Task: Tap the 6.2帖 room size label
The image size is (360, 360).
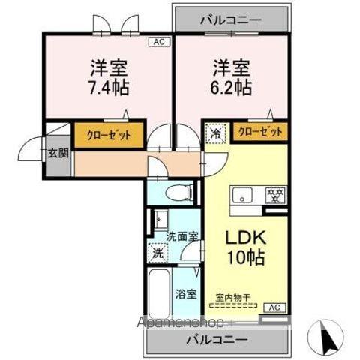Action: tap(229, 86)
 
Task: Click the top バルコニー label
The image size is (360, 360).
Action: tap(231, 19)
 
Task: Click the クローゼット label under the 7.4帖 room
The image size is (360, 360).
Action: tap(108, 136)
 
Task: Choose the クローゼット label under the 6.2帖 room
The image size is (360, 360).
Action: tap(261, 132)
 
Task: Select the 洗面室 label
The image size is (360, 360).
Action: tap(183, 235)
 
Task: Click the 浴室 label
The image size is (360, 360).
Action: tap(186, 294)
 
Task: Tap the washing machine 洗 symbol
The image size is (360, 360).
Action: tap(158, 253)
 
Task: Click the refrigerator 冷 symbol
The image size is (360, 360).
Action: tap(215, 135)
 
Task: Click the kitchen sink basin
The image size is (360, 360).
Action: tap(244, 196)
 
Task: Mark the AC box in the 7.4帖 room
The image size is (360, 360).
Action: tap(159, 42)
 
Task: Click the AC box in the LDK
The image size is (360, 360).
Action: tap(274, 307)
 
